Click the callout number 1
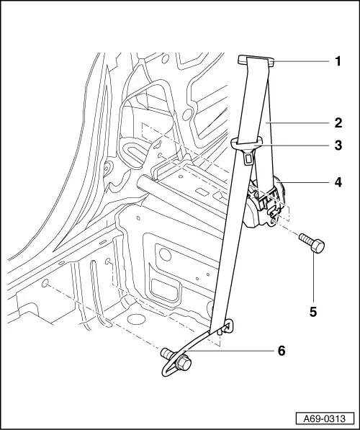[338, 62]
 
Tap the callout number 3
[338, 145]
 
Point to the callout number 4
[338, 182]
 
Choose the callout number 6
[282, 351]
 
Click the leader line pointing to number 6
[230, 351]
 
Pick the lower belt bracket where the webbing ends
[223, 330]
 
